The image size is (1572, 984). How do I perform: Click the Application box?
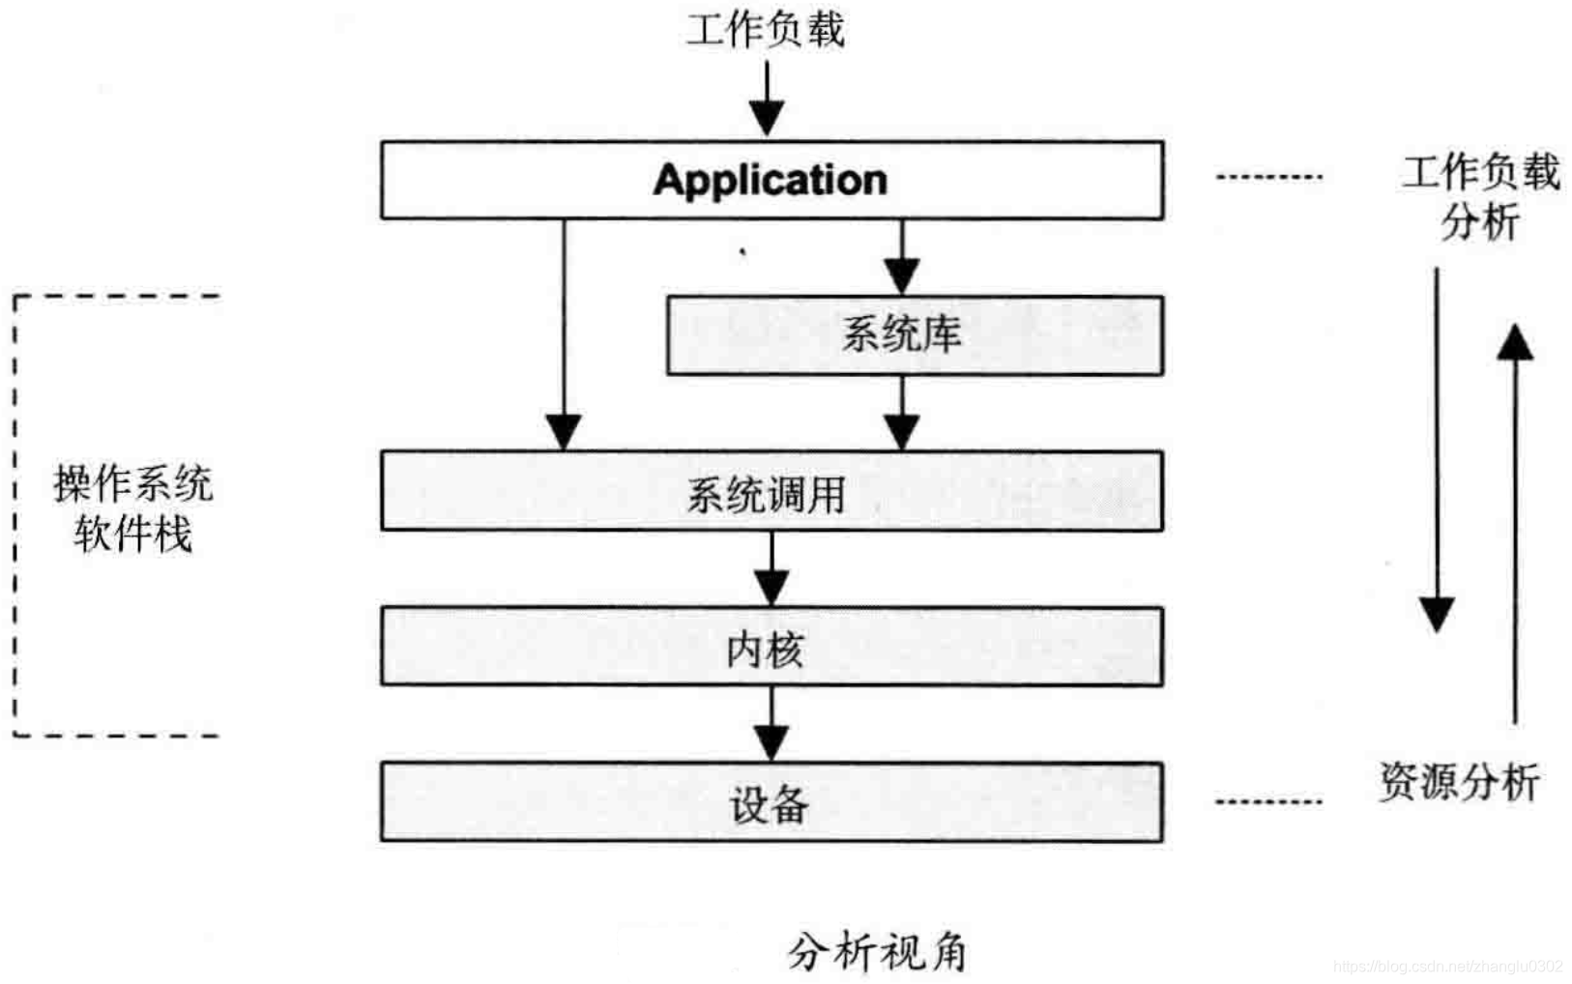pos(771,180)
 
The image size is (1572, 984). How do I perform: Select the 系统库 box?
pos(914,334)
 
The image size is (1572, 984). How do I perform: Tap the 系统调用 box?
pos(771,491)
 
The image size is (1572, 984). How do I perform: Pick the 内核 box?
pos(771,647)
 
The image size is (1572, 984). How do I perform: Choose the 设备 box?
pos(771,802)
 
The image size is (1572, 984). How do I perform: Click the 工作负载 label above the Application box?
pos(766,29)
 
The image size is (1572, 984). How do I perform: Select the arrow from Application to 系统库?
pos(901,257)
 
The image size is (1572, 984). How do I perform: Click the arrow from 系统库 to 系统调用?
pos(901,413)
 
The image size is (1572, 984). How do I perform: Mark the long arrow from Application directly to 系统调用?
pos(564,333)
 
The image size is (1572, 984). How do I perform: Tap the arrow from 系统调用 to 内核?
pos(771,568)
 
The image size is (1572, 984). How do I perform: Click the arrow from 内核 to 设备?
pos(771,724)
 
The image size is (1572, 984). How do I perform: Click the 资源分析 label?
pos(1458,781)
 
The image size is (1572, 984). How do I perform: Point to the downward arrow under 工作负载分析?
pos(1437,449)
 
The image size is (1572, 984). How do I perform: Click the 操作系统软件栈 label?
pos(132,508)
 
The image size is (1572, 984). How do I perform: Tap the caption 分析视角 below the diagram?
pos(877,952)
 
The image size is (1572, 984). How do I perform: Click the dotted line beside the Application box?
pos(1267,177)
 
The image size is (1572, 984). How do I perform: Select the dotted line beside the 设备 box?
pos(1267,801)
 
